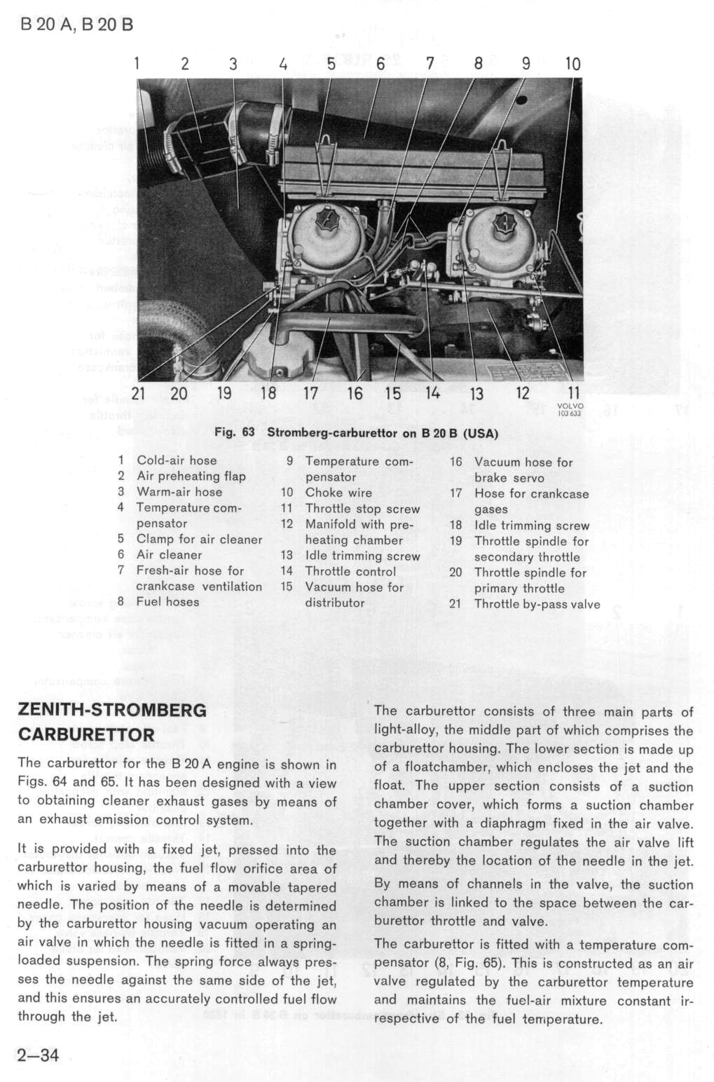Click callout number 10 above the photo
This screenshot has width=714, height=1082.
tap(572, 63)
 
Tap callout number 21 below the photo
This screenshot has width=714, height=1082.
tap(138, 393)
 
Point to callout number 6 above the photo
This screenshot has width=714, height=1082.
tap(380, 63)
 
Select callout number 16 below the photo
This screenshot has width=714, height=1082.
tap(355, 393)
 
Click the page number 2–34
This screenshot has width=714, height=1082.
tap(38, 1055)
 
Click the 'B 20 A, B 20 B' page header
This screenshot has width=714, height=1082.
tap(77, 25)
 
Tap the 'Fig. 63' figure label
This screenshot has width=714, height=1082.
tap(234, 432)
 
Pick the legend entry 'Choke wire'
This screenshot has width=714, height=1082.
tap(338, 493)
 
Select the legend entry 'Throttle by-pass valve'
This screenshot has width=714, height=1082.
tap(537, 604)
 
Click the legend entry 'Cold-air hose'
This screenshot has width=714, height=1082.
tap(177, 460)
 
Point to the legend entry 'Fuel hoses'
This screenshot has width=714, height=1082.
tap(167, 602)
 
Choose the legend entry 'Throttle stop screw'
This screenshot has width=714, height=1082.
tap(362, 509)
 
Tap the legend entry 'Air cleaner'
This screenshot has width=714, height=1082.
tap(169, 555)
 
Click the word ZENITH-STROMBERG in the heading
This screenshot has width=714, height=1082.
tap(112, 711)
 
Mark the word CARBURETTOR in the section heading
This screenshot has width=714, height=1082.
tap(86, 735)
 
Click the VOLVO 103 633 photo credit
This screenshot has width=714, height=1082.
tap(570, 410)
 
